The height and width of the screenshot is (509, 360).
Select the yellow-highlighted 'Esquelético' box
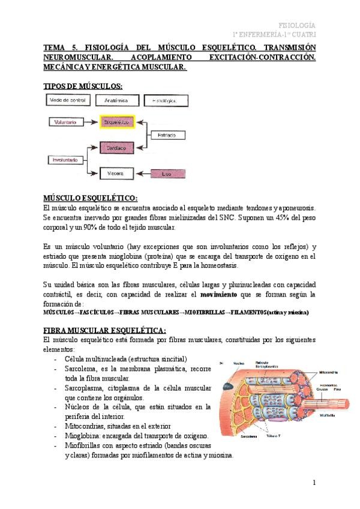click(116, 122)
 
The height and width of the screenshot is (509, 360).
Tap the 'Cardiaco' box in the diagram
click(116, 146)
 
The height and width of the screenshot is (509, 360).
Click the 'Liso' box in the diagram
click(166, 173)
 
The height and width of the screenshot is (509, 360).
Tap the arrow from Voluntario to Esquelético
click(89, 122)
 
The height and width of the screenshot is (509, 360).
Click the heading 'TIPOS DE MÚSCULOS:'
click(83, 86)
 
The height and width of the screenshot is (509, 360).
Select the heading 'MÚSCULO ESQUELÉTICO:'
click(91, 198)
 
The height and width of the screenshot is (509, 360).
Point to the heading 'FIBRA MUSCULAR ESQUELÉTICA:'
click(105, 331)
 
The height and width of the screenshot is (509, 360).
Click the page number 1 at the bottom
click(313, 483)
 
